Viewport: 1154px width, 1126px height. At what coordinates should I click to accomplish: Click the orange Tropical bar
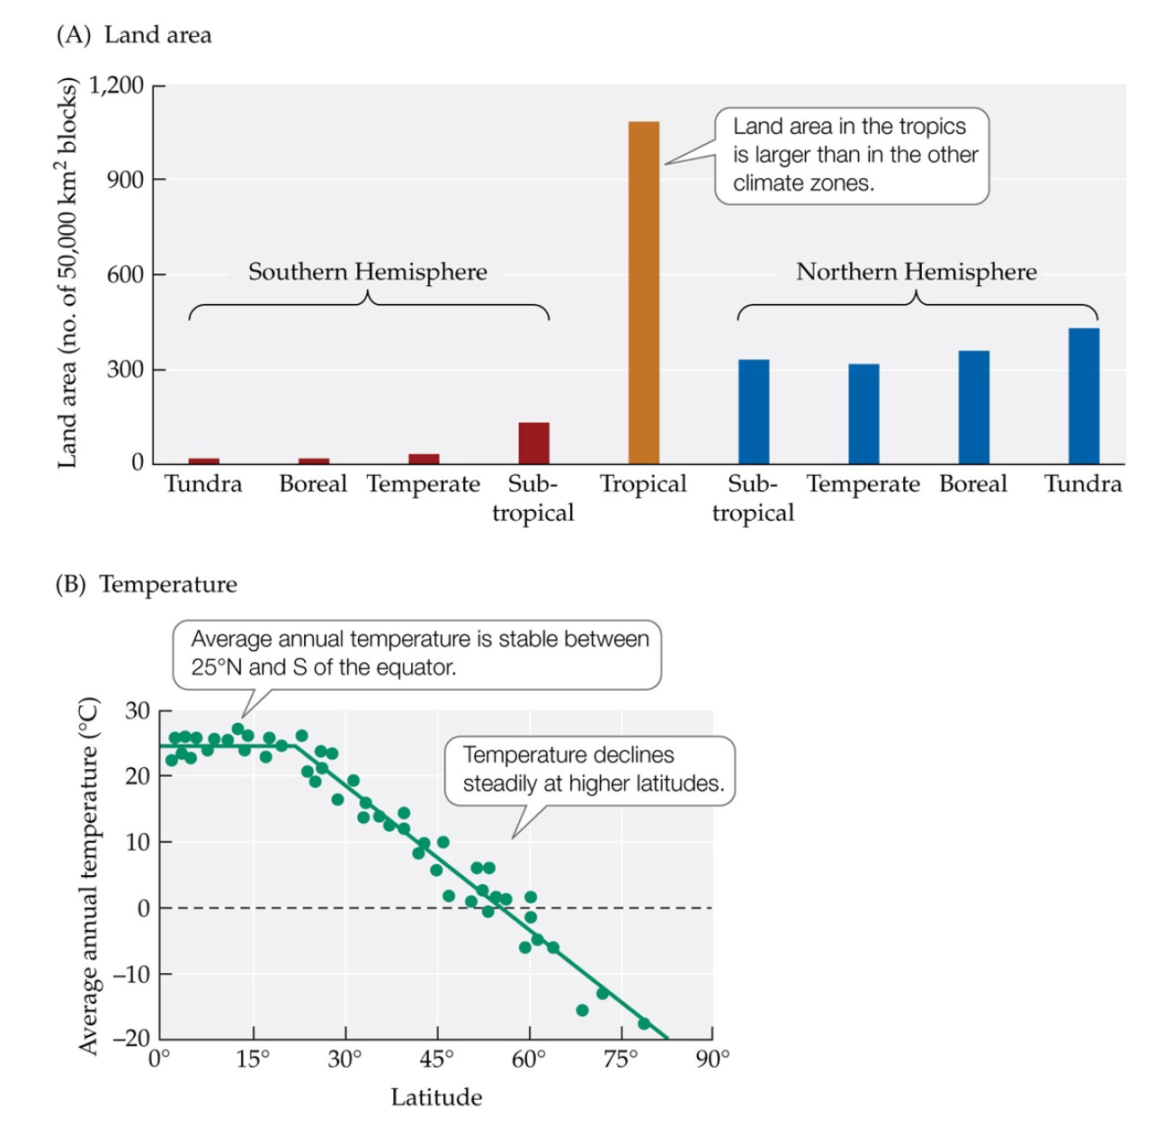coord(643,292)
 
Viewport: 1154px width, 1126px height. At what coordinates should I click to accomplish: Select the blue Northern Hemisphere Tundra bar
coord(1083,396)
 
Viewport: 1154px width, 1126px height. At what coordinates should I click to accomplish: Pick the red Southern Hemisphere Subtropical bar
coord(533,442)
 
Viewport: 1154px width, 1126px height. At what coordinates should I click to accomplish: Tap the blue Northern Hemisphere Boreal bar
coord(973,407)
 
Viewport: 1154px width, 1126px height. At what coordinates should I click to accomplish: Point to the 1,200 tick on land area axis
coord(116,85)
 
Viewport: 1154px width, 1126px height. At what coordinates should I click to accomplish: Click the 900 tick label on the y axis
coord(124,180)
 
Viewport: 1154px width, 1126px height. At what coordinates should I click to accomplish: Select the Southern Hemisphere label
coord(367,272)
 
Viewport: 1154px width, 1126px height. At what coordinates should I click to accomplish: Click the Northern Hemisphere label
coord(916,272)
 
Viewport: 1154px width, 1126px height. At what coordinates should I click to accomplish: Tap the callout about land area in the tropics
coord(852,156)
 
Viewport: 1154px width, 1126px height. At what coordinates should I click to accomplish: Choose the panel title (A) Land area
coord(134,35)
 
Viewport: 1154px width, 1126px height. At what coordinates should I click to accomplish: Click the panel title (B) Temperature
coord(147,585)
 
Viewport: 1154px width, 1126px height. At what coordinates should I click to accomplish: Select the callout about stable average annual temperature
coord(418,654)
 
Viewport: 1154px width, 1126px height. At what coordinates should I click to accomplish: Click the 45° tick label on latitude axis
coord(437,1059)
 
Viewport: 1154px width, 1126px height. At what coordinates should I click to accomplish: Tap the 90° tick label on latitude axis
coord(713,1059)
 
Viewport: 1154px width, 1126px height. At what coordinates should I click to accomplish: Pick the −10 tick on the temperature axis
coord(130,974)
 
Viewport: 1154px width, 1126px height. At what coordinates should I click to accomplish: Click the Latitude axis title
coord(436,1097)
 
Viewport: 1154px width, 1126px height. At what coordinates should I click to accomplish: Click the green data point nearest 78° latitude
coord(644,1023)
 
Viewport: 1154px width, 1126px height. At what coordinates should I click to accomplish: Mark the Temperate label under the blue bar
coord(863,485)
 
